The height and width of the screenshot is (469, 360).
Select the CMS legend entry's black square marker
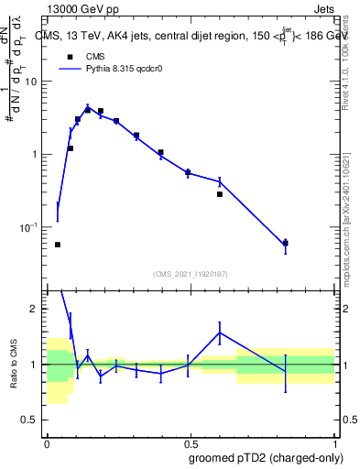point(70,56)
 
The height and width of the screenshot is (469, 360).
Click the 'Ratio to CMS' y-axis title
point(14,365)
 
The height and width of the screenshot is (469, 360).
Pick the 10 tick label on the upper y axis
point(31,82)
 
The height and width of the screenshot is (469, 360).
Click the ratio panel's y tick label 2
point(35,309)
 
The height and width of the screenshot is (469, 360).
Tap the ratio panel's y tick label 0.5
point(31,420)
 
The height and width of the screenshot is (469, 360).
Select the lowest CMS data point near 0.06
point(58,245)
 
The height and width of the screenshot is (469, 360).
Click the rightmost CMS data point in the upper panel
point(285,243)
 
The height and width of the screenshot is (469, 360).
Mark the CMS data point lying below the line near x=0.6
point(220,194)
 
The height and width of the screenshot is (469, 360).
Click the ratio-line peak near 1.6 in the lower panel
point(220,332)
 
